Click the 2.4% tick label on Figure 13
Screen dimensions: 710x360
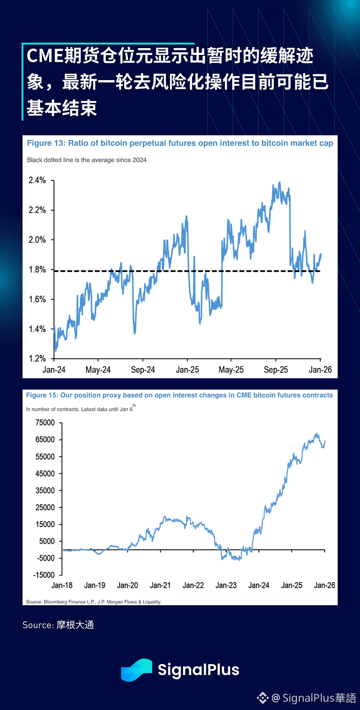37,180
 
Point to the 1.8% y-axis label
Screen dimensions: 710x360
37,270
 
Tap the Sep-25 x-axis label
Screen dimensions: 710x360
276,370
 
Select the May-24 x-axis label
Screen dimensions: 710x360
98,370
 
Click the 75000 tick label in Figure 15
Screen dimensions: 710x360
45,422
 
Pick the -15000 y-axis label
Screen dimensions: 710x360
44,575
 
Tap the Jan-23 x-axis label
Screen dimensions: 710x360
226,585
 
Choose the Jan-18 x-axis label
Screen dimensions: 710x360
62,585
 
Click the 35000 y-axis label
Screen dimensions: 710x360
45,490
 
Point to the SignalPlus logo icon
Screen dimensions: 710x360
136,670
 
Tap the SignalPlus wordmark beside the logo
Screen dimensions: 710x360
198,670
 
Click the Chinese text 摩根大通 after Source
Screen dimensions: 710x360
75,625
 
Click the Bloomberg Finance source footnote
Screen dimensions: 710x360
94,602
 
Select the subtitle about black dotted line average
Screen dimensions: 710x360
86,160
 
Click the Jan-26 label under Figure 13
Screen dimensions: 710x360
320,370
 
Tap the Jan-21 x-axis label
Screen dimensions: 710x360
160,585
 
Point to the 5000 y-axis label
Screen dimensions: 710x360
47,541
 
